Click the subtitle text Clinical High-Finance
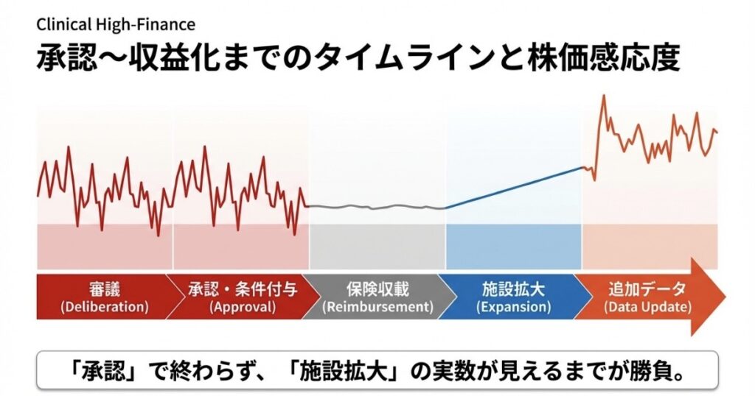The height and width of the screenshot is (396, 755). click(x=116, y=24)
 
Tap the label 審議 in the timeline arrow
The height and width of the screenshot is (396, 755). click(x=105, y=289)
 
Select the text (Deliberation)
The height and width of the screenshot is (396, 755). click(x=105, y=307)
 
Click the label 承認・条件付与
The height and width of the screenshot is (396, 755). click(x=243, y=289)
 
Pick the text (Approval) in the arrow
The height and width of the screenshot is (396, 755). click(x=243, y=307)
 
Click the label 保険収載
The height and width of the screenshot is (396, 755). click(x=377, y=289)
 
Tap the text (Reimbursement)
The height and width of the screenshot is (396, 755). click(x=377, y=307)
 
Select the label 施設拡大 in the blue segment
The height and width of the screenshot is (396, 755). click(x=513, y=289)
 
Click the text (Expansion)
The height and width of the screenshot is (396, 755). click(x=513, y=307)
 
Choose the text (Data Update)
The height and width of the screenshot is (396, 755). click(x=647, y=307)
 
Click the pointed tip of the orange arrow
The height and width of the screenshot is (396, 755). click(x=726, y=297)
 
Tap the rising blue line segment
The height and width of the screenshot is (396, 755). click(x=513, y=188)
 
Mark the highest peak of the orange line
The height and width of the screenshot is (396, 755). click(x=603, y=96)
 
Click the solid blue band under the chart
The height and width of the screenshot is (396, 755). click(x=513, y=247)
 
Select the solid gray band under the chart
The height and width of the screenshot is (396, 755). click(x=377, y=247)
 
